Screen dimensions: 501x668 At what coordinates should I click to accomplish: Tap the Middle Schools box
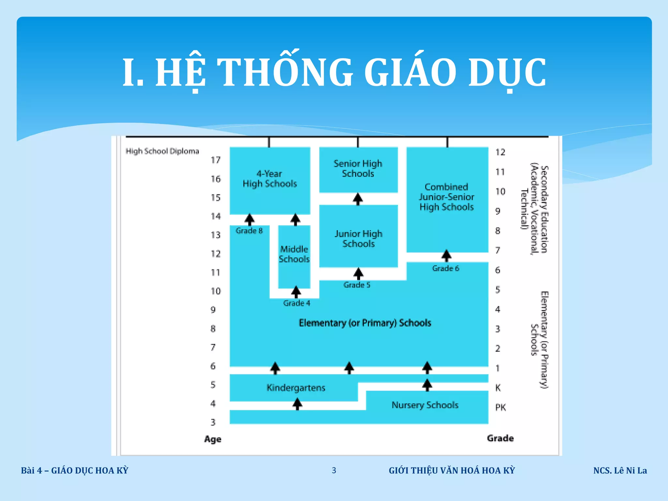(x=294, y=254)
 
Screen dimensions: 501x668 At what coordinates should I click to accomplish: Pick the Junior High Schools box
(x=358, y=239)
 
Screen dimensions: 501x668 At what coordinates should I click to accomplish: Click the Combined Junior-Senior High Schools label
(x=447, y=197)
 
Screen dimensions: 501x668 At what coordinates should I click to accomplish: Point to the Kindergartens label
(x=296, y=388)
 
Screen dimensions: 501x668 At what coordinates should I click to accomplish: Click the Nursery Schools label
(x=425, y=405)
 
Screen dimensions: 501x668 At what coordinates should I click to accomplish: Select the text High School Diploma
(x=162, y=151)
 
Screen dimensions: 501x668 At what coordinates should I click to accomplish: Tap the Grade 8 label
(x=249, y=231)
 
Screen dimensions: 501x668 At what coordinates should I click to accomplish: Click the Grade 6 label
(x=446, y=268)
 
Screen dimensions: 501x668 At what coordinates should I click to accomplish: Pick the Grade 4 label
(x=296, y=303)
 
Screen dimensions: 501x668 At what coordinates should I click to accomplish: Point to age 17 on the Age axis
(x=216, y=160)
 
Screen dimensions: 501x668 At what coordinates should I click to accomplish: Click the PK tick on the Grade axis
(x=500, y=407)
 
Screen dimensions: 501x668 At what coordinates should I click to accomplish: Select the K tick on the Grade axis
(x=498, y=388)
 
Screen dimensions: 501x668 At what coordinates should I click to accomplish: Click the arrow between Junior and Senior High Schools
(x=358, y=199)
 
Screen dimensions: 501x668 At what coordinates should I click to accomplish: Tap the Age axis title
(x=213, y=439)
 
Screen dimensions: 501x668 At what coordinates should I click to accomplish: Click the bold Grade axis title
(x=500, y=438)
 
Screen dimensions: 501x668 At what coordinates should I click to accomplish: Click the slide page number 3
(x=334, y=470)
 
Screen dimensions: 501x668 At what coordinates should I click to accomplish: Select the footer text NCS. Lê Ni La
(x=620, y=471)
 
